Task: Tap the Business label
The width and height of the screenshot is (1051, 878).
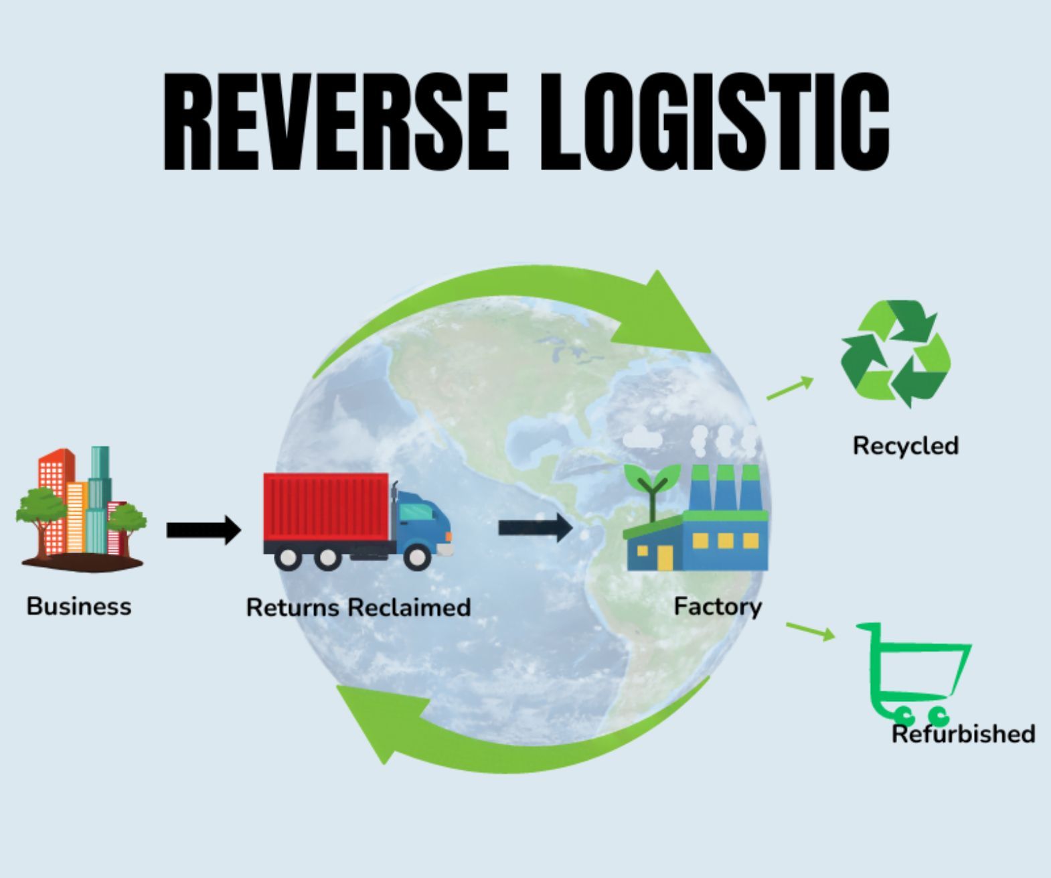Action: (x=79, y=606)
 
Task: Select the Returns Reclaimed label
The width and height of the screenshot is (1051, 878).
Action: (x=358, y=607)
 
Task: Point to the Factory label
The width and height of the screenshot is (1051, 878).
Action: (x=718, y=606)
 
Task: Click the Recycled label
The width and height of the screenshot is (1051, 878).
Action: (x=905, y=446)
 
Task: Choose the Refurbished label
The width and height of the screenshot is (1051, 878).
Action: (x=963, y=734)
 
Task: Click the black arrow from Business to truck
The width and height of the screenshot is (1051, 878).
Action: (x=204, y=530)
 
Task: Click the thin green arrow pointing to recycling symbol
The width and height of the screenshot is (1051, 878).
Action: (x=790, y=388)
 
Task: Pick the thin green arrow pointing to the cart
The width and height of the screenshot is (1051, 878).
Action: (x=811, y=630)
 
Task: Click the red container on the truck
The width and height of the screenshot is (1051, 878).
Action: (x=326, y=507)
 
